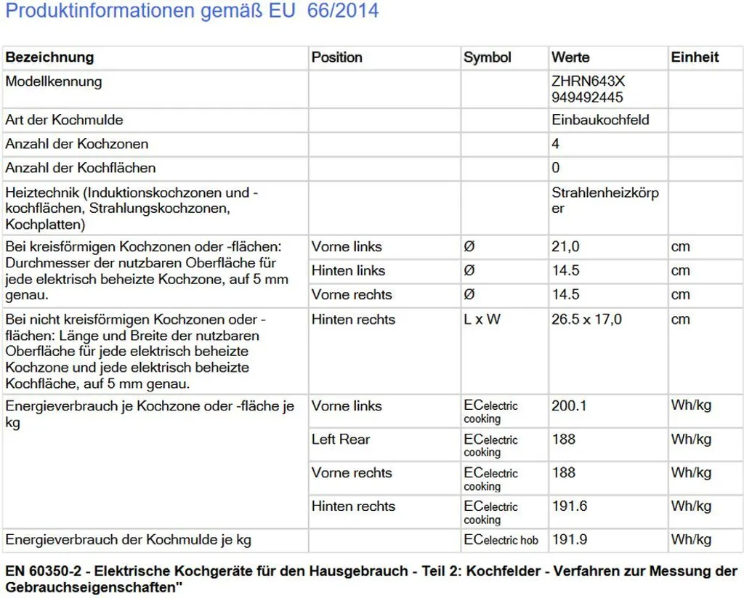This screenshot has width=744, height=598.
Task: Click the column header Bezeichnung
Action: pos(49,57)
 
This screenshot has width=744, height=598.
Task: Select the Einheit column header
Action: pos(694,57)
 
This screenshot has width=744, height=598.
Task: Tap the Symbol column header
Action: pos(487,57)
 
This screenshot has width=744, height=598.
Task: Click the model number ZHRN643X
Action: pos(587,81)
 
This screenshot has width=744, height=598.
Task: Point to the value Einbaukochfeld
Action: pos(599,120)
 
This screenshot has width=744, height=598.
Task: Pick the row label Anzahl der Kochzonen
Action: pos(76,144)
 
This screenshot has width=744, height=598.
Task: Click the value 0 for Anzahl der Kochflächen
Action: pos(556,168)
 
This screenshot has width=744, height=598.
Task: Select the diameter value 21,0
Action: pos(565,246)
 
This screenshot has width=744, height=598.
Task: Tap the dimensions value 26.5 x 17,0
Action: pos(586,319)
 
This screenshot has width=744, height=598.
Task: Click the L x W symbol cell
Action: pos(482,319)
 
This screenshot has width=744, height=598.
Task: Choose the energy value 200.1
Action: pos(568,405)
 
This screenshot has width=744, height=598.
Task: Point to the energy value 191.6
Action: pos(568,506)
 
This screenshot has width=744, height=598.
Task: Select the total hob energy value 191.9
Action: pos(568,539)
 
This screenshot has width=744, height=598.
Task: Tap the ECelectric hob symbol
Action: pos(501,540)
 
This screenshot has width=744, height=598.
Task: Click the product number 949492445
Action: pos(587,97)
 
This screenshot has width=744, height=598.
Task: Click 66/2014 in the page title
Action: pos(342,12)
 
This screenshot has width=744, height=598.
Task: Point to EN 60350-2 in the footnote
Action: pos(44,571)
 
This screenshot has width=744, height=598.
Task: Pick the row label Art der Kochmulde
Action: pos(64,120)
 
